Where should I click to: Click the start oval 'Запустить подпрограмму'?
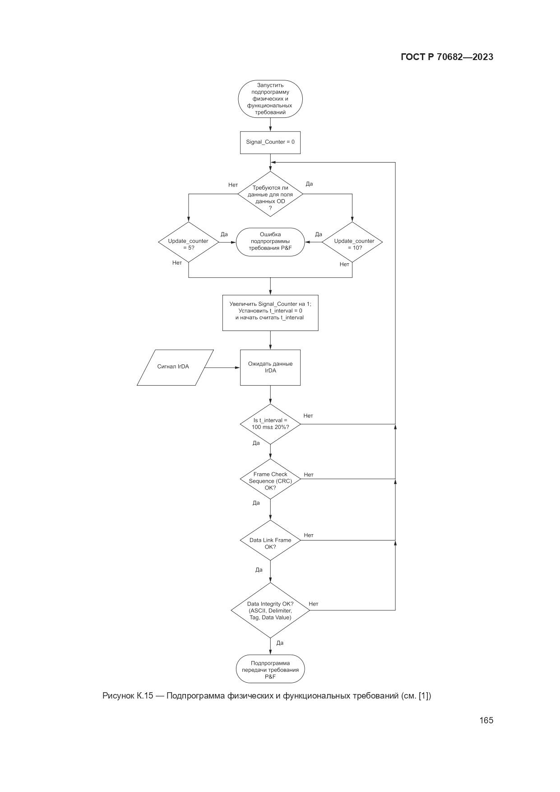270,98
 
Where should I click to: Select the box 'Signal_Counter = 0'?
270,142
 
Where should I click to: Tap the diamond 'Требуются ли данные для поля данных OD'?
270,194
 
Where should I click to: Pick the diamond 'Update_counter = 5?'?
188,242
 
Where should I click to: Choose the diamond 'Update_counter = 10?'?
352,242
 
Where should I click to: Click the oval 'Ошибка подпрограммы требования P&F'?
270,242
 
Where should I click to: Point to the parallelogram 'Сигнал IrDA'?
175,367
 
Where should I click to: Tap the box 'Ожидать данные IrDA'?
270,367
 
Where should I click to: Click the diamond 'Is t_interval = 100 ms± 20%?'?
270,424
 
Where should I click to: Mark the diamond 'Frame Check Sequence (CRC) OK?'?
270,479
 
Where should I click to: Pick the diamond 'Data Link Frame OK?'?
270,540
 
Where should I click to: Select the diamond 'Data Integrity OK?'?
270,610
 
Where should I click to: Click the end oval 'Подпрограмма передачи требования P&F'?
270,669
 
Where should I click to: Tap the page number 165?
486,721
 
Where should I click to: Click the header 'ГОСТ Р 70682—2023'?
447,57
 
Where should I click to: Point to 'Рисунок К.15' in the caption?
128,696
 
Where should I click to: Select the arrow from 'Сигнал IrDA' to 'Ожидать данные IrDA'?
221,368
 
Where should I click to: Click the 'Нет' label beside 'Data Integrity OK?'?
314,604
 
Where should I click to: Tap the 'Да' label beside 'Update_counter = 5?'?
224,234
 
